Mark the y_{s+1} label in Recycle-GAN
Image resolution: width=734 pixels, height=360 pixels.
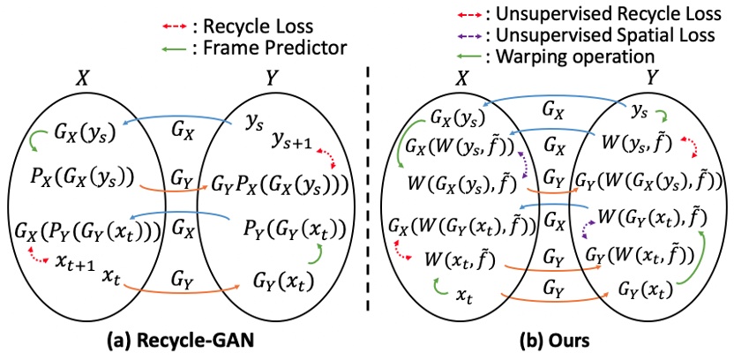coord(290,142)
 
